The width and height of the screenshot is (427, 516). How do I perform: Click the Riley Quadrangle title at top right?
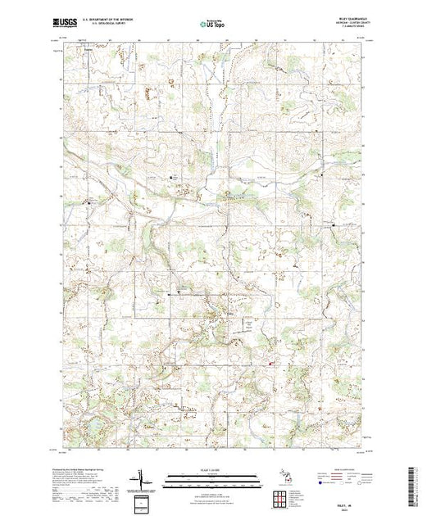346,17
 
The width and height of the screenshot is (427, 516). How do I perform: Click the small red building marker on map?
272,364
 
